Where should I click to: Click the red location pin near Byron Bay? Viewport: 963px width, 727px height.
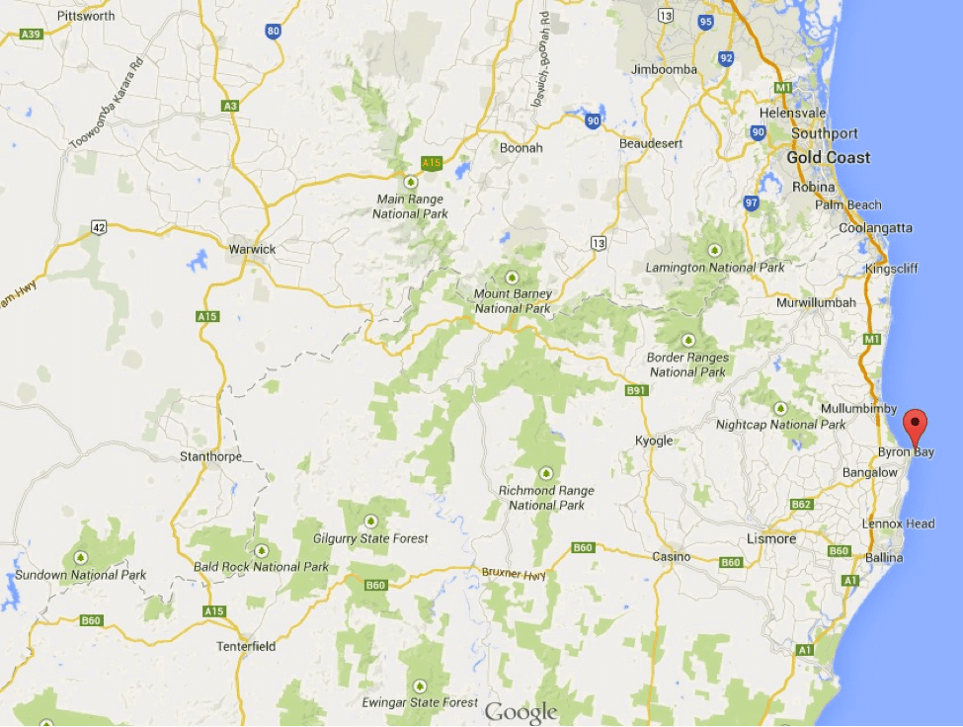click(x=916, y=425)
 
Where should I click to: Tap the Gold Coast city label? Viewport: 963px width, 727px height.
click(x=829, y=158)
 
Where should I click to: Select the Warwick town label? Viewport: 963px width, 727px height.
click(x=252, y=249)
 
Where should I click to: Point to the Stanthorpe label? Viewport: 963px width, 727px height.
click(x=210, y=456)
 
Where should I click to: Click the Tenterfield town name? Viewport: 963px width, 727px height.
click(x=246, y=647)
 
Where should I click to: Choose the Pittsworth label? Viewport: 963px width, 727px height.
click(x=86, y=17)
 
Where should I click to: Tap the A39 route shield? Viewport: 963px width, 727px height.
click(x=31, y=34)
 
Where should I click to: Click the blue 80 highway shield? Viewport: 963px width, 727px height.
click(x=274, y=32)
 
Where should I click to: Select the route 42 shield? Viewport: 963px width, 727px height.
click(x=99, y=227)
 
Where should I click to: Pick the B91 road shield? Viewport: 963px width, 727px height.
click(x=636, y=391)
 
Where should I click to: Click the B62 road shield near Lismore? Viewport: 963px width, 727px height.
click(x=801, y=505)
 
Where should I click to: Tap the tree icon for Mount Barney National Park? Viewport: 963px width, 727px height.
click(x=512, y=278)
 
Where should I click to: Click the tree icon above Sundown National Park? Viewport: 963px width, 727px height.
click(x=80, y=557)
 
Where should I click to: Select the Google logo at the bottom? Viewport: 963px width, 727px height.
click(x=521, y=712)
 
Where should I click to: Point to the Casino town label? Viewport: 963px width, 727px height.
click(x=672, y=557)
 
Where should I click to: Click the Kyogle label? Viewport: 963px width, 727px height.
click(x=654, y=441)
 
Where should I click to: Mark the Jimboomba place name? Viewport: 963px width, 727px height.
click(x=664, y=69)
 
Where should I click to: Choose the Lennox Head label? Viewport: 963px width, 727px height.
click(x=898, y=524)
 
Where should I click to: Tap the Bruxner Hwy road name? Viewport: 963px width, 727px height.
click(x=513, y=574)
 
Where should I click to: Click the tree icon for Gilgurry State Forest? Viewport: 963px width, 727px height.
click(x=371, y=521)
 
